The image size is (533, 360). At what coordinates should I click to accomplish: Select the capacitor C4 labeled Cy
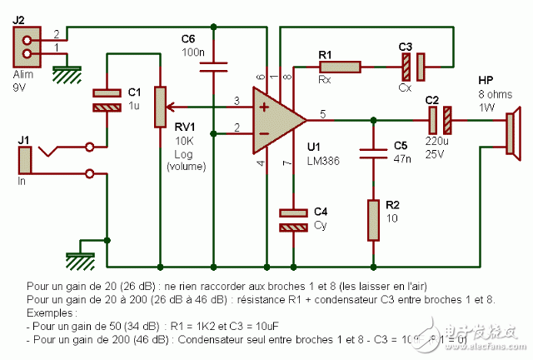tap(292, 219)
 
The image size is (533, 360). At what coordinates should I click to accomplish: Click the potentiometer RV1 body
tap(158, 107)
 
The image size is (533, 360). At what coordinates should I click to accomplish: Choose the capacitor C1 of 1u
tap(108, 99)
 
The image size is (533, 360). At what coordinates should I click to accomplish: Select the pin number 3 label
tap(237, 101)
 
